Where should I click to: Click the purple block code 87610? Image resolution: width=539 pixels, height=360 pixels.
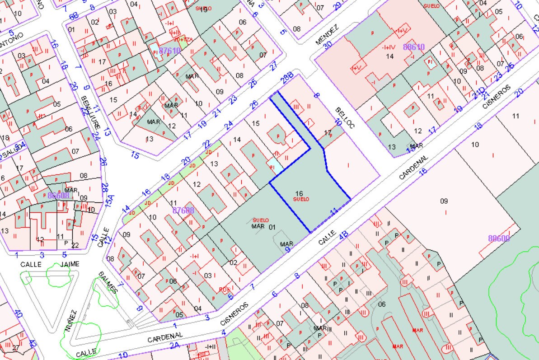click(x=170, y=51)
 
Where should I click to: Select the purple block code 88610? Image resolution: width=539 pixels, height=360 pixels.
click(x=414, y=47)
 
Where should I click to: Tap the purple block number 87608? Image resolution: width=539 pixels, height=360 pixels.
click(x=183, y=210)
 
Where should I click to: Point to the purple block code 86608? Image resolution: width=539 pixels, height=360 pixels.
click(x=59, y=196)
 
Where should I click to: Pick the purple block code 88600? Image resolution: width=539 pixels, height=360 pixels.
click(x=499, y=238)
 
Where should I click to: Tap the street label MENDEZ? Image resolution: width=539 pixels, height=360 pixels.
click(x=327, y=36)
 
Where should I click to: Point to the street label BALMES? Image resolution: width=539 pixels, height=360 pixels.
click(x=108, y=282)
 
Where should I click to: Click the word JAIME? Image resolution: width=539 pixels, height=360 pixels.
click(x=68, y=264)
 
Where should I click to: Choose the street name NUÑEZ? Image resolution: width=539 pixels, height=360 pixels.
click(x=71, y=321)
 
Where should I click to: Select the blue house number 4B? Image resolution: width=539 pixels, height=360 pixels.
click(x=344, y=235)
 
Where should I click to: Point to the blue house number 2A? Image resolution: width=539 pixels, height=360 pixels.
click(x=175, y=346)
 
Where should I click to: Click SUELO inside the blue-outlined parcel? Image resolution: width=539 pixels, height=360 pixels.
click(x=301, y=199)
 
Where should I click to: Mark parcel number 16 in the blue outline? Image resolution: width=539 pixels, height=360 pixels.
click(x=299, y=193)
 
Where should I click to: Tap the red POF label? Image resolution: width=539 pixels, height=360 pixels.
click(x=224, y=290)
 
